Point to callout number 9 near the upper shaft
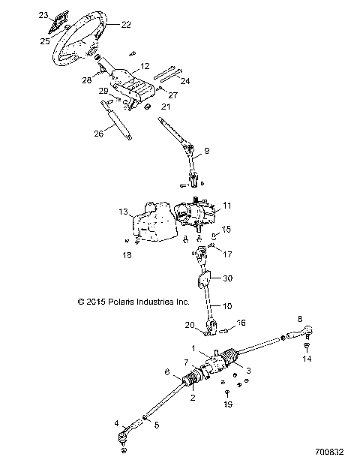pyautogui.click(x=207, y=151)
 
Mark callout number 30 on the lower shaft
pyautogui.click(x=228, y=278)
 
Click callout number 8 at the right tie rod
pyautogui.click(x=300, y=319)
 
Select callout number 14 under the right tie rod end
pyautogui.click(x=305, y=359)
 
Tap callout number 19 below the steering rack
pyautogui.click(x=228, y=404)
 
